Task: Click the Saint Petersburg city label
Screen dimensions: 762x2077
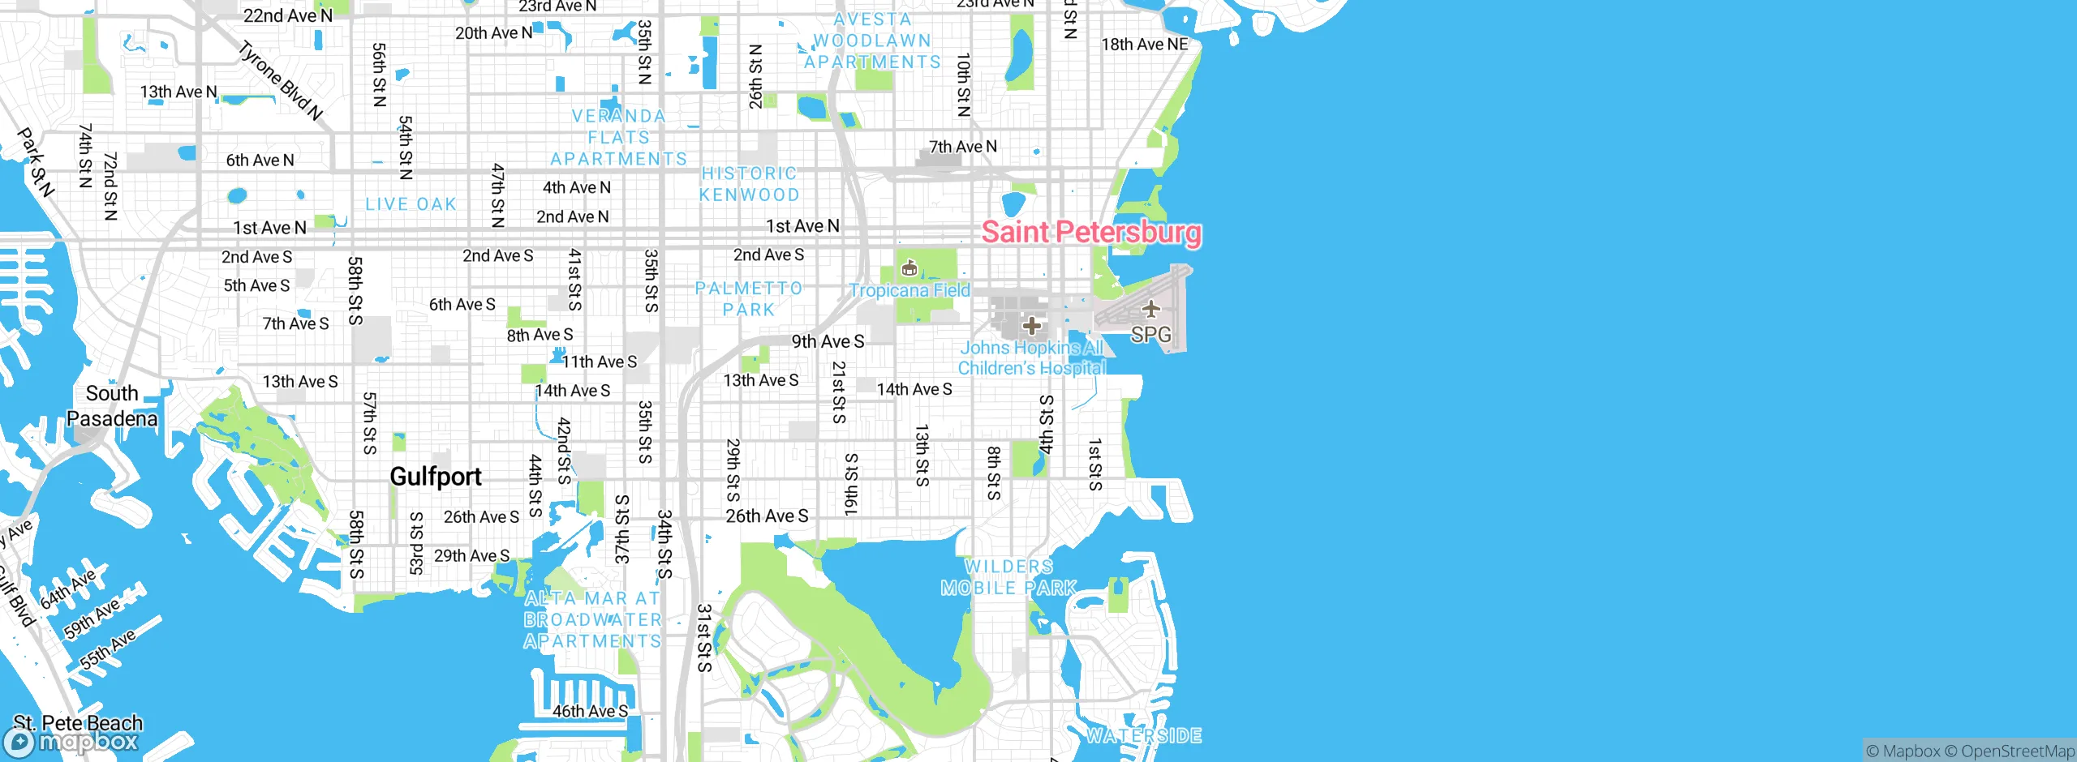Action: point(1090,232)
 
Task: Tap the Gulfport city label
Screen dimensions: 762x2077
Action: point(436,477)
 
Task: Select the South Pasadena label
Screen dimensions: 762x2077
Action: point(112,406)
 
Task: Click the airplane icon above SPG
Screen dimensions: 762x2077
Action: point(1150,309)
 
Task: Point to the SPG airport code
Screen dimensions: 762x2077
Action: point(1150,335)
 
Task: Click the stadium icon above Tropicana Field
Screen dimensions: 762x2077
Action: point(909,268)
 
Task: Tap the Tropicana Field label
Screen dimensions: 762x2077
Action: point(909,290)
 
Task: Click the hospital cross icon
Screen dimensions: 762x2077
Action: point(1031,326)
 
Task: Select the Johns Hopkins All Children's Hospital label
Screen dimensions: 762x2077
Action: point(1031,357)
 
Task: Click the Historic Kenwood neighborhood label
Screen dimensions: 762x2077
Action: point(749,184)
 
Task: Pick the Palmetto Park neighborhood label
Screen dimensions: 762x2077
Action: point(748,299)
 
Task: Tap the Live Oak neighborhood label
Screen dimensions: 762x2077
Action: point(411,204)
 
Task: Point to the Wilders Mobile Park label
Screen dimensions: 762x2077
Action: point(1008,577)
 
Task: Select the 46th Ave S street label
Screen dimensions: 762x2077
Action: point(590,711)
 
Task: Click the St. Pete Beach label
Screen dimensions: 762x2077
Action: point(78,722)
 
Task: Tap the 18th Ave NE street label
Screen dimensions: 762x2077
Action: point(1144,45)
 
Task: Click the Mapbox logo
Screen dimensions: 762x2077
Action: point(71,742)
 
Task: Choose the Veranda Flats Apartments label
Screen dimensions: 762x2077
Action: point(618,138)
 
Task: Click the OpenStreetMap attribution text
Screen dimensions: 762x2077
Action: point(2017,751)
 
